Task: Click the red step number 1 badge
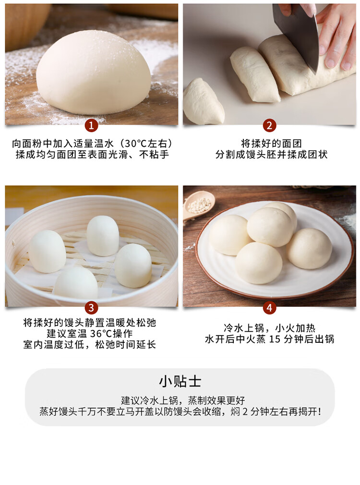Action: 91,126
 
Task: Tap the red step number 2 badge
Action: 269,126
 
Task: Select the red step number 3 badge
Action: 91,308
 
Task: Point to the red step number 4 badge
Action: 269,308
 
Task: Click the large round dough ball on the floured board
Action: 94,73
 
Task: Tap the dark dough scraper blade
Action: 297,34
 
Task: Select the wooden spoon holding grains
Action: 198,206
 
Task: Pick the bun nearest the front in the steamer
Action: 76,283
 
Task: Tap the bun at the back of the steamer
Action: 103,236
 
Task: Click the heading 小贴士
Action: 180,382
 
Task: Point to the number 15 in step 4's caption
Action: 275,339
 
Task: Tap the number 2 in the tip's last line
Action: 245,412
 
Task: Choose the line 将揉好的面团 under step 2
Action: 271,144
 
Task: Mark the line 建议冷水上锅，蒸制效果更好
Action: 183,400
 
